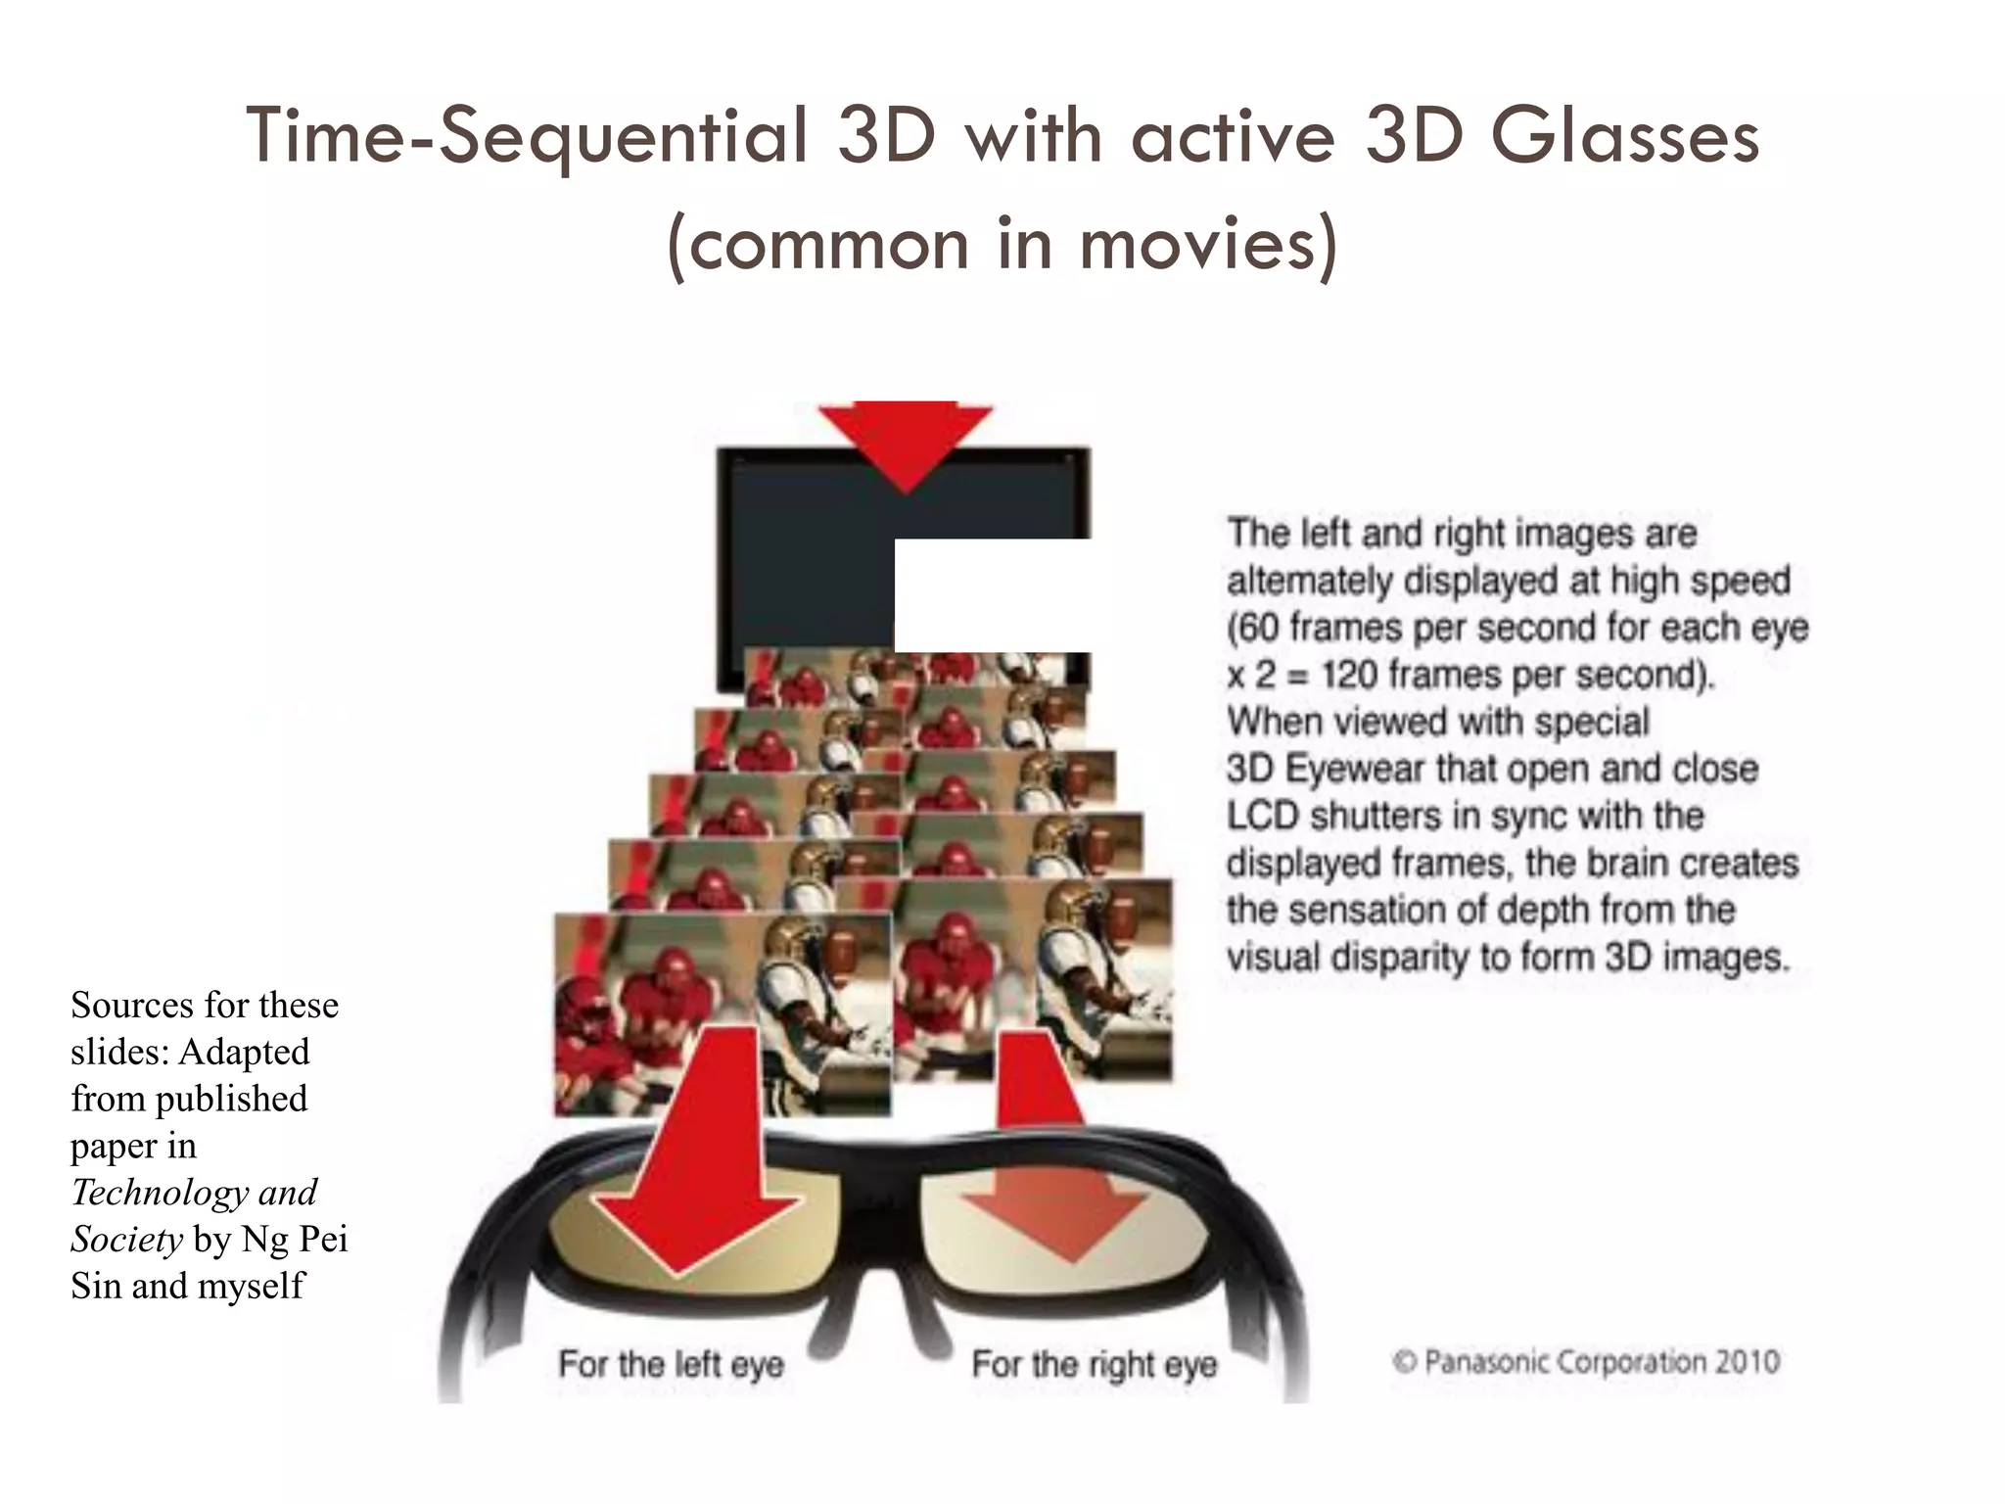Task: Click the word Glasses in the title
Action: [1625, 137]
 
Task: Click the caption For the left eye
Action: [672, 1364]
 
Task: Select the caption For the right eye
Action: [1094, 1364]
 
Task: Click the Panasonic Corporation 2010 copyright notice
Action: [1586, 1362]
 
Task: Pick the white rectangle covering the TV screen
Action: [993, 594]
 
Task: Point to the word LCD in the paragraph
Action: [1262, 816]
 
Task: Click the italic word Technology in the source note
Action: [160, 1193]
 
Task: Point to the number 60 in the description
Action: [1256, 628]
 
